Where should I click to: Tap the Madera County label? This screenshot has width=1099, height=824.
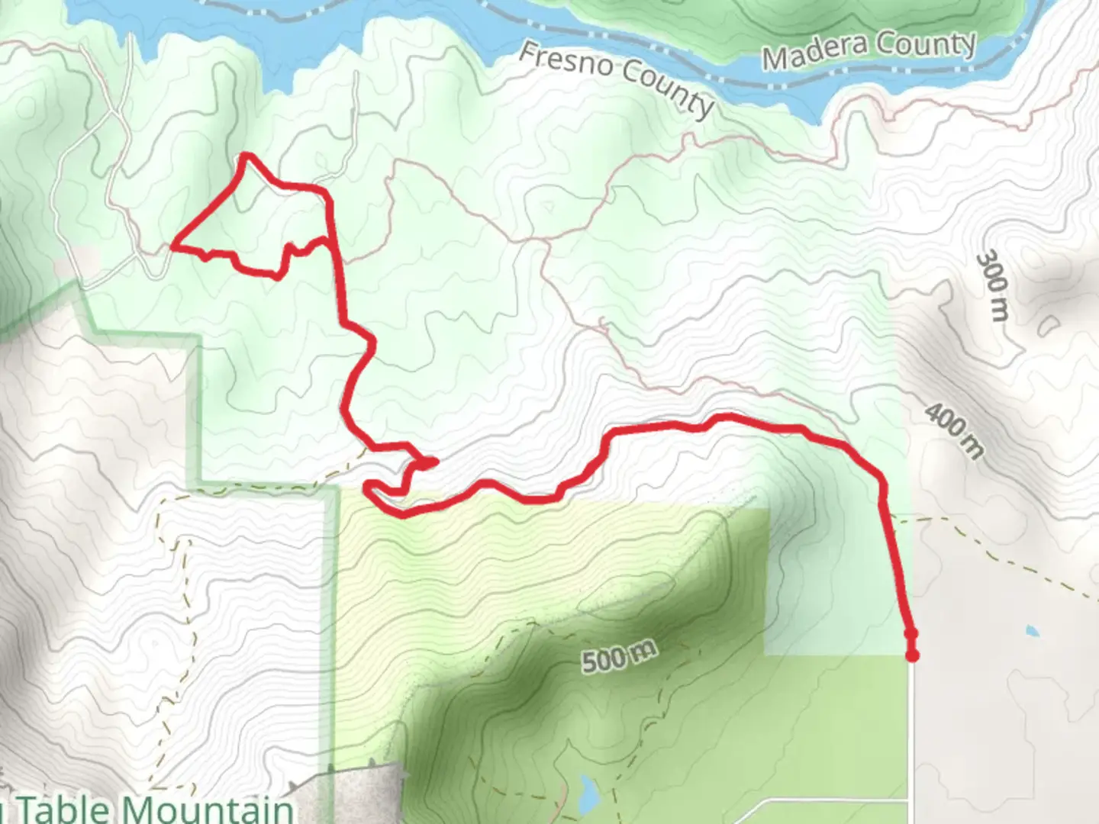pos(869,50)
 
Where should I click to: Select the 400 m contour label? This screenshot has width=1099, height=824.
pos(954,431)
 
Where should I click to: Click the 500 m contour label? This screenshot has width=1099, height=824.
pos(619,656)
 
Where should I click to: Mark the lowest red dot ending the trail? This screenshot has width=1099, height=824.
pos(912,655)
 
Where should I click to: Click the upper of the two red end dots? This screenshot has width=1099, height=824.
pos(910,633)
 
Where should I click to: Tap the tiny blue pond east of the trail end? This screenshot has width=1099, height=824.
pos(1032,631)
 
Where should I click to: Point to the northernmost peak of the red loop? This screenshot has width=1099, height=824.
pos(246,156)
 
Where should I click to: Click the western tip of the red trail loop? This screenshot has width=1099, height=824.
pos(174,246)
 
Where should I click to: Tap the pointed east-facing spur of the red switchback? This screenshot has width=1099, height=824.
pos(433,461)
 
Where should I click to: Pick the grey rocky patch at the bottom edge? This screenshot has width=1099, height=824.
pos(366,793)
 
